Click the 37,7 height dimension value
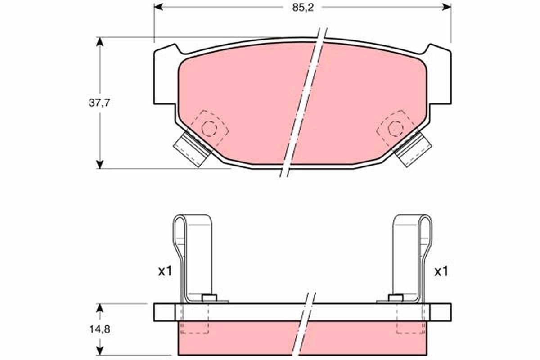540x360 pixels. pyautogui.click(x=99, y=103)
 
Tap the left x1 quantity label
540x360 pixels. pyautogui.click(x=165, y=271)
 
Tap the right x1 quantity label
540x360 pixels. pyautogui.click(x=441, y=271)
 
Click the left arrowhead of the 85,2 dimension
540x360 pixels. pyautogui.click(x=158, y=7)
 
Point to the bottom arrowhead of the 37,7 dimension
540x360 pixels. pyautogui.click(x=100, y=164)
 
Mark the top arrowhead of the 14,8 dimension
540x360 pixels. pyautogui.click(x=100, y=307)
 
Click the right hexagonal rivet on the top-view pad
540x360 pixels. pyautogui.click(x=395, y=129)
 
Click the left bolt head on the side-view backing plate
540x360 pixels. pyautogui.click(x=209, y=298)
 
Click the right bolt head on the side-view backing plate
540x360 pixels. pyautogui.click(x=395, y=298)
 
